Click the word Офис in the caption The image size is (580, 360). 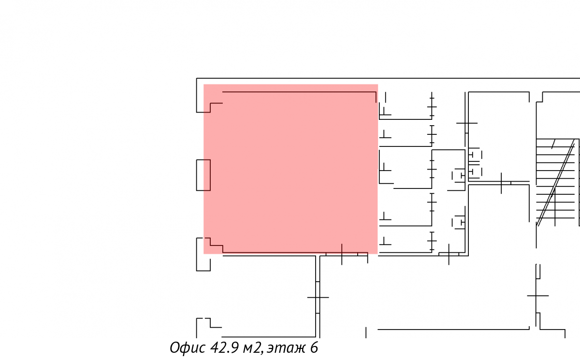188,347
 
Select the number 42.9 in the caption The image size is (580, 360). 224,347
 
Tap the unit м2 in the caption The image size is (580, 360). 251,348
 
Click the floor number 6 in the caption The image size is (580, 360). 314,347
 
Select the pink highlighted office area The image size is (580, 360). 290,169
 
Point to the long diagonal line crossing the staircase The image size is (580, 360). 556,183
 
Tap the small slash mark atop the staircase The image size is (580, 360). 553,144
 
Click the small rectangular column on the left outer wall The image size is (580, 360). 203,175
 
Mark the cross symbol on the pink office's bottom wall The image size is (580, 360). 342,254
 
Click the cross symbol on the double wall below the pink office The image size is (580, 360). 318,297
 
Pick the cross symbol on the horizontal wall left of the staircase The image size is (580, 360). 501,183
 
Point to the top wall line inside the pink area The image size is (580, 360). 299,92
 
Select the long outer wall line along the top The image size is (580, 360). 388,78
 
